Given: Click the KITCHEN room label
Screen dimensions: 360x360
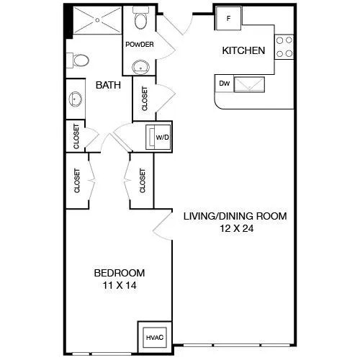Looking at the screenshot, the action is pos(243,50).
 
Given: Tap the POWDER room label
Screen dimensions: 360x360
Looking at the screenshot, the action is pos(140,45).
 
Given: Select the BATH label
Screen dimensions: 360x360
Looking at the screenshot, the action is pos(108,85).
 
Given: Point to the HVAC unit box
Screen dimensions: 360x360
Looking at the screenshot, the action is pos(155,338).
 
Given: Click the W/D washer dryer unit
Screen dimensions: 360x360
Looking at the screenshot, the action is pos(158,138).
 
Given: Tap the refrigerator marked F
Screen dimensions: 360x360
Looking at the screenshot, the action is pos(228,18).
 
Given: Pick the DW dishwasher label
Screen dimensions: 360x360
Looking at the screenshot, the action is pos(225,84).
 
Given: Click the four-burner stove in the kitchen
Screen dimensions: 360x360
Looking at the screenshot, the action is pos(284,47).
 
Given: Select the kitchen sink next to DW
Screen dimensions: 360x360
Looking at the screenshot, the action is pos(249,84).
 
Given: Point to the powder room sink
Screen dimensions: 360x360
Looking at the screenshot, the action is pos(140,67).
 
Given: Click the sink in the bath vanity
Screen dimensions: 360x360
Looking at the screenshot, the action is pos(76,99).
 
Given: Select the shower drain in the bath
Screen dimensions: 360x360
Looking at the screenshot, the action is pos(97,20).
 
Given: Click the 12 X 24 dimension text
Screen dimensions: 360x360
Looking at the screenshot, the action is pos(237,228).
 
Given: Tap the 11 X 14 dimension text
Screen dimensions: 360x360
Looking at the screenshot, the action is pos(120,285).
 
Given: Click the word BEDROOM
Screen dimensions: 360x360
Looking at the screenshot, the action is pos(120,273).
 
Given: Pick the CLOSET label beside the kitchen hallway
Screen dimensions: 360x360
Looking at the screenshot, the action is pos(145,99).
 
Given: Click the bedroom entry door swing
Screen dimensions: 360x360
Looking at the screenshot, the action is pos(163,225).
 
